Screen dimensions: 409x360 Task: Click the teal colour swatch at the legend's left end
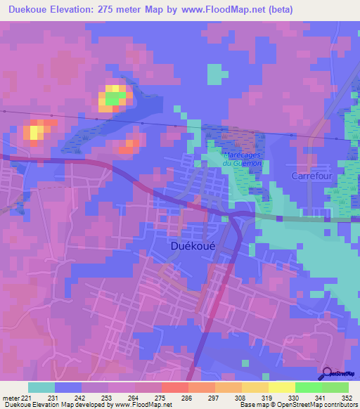click(x=41, y=387)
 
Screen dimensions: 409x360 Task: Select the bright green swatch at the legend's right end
click(x=335, y=387)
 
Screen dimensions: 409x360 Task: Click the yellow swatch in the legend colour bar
click(x=281, y=387)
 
